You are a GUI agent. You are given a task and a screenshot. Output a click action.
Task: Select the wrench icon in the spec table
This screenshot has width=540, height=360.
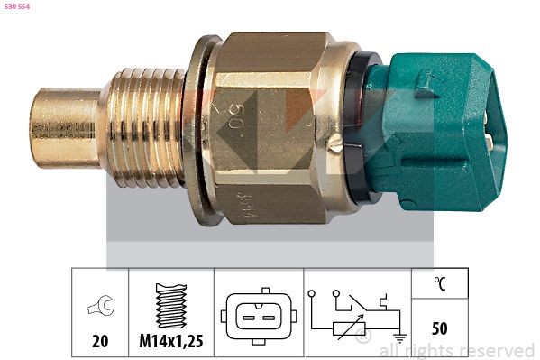click(x=100, y=307)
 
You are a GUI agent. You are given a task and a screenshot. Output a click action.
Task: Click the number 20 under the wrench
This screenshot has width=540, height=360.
click(x=100, y=341)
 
